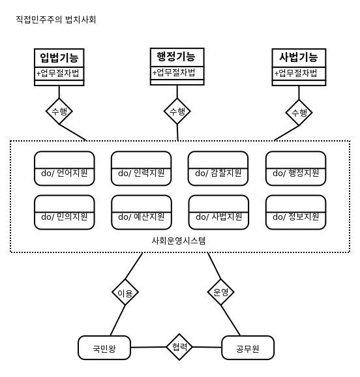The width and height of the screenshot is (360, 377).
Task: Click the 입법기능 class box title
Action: coord(59,57)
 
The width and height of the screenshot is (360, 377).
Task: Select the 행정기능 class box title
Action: coord(176,57)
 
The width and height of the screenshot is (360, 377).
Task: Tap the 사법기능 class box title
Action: coord(299,57)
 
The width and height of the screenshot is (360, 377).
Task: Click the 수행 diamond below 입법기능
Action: coord(59,112)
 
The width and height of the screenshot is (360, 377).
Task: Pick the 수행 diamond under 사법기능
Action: coord(299,113)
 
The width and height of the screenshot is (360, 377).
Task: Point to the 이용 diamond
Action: coord(125,292)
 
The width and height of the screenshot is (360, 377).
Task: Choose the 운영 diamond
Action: coord(221,292)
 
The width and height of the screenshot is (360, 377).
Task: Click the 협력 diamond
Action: coord(179,347)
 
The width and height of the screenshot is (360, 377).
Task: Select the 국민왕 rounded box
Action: coord(104,348)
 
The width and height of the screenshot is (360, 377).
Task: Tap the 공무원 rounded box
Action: coord(248,348)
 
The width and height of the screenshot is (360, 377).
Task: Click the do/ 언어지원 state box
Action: coord(64,168)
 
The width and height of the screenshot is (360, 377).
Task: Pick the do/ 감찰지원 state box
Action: coord(218,168)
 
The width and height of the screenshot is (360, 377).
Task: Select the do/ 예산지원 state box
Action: coord(142,212)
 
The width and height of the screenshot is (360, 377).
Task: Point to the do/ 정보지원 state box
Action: coord(296,212)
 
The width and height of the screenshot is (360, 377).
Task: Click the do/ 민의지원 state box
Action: coord(64,212)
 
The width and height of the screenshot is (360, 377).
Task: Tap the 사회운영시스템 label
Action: coord(179,241)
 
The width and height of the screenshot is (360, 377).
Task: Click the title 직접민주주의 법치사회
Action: coord(56,20)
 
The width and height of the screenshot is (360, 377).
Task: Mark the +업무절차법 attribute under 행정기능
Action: coord(173,72)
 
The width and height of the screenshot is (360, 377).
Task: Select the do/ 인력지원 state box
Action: coord(141,168)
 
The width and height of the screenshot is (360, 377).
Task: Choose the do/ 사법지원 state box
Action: coord(218,212)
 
